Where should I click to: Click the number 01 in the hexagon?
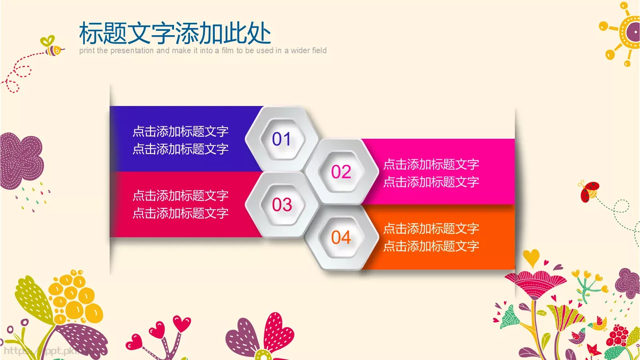282,139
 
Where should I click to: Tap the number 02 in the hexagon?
341,172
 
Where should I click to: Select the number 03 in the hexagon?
282,205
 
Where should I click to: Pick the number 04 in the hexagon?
341,238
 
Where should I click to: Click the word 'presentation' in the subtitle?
132,51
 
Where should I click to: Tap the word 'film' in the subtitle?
227,51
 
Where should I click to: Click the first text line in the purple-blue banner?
180,131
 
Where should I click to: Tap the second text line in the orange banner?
431,246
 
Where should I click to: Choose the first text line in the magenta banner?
431,164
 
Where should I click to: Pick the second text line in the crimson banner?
180,213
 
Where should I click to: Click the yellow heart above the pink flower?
531,257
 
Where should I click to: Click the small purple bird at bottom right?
577,337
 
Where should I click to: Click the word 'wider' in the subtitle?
300,51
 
